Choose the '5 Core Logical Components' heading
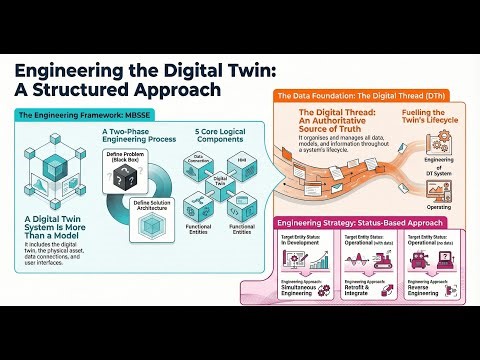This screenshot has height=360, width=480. (x=216, y=137)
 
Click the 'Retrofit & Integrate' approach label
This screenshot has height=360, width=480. (x=361, y=293)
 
